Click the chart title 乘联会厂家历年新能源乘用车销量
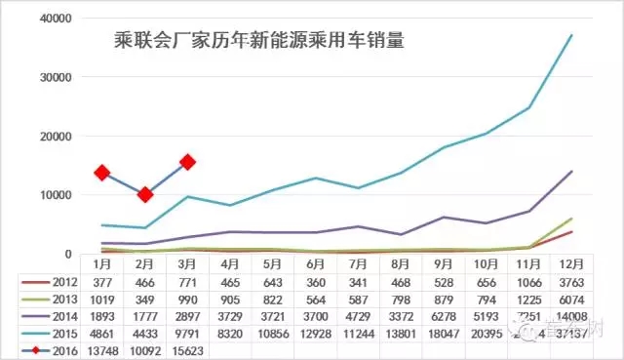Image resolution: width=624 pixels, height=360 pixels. (x=259, y=42)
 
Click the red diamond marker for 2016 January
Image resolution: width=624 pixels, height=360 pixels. (x=101, y=173)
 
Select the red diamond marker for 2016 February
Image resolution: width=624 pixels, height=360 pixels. (x=145, y=195)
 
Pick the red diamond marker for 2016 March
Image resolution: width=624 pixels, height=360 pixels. (x=188, y=162)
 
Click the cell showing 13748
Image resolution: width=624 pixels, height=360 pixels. (x=101, y=349)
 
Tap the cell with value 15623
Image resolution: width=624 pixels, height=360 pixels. (x=188, y=349)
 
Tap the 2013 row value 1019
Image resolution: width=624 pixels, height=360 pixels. (x=101, y=299)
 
